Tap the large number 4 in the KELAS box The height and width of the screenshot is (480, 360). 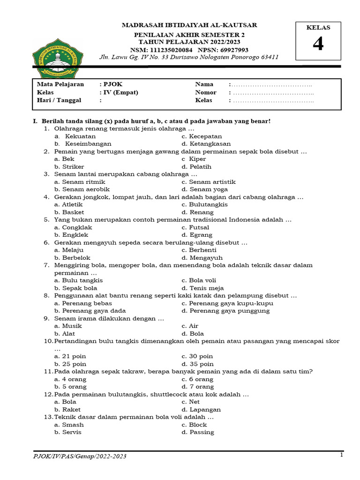(x=318, y=44)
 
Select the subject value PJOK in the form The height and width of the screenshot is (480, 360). (x=110, y=84)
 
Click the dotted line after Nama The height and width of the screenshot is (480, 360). (x=272, y=85)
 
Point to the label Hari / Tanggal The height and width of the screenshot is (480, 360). (x=59, y=100)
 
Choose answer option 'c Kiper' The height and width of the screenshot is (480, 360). (x=194, y=159)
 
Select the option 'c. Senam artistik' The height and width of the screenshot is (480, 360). (x=209, y=182)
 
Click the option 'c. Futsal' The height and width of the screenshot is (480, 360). (x=195, y=227)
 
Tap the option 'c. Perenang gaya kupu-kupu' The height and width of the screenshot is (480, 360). (x=227, y=303)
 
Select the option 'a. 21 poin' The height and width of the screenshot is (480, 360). (x=70, y=356)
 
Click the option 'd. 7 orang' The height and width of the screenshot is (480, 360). (x=198, y=387)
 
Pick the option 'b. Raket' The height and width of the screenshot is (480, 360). (x=67, y=409)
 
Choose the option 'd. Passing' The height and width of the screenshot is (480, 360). (x=198, y=432)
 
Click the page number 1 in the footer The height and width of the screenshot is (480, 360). (x=342, y=455)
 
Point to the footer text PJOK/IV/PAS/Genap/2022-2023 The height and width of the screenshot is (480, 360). (x=79, y=456)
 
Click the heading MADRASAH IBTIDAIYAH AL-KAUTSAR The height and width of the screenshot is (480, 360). (x=189, y=25)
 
